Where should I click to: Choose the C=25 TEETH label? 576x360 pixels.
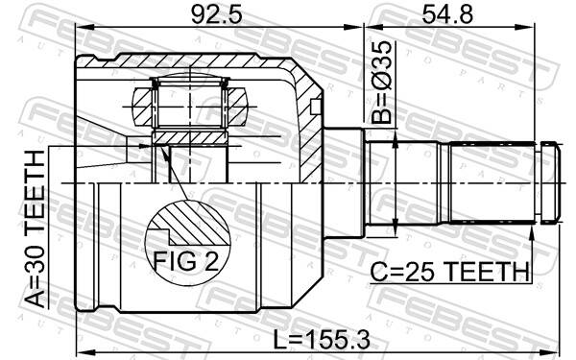point(450,272)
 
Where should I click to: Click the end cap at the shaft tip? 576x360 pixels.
point(549,181)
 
